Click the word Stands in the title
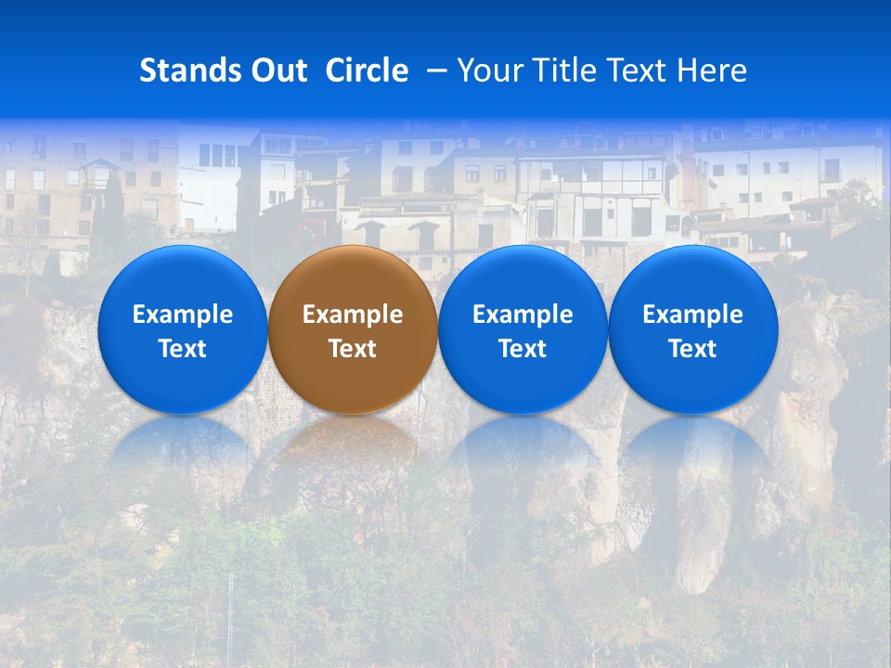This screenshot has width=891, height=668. point(180,71)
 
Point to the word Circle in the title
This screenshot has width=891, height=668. point(367,71)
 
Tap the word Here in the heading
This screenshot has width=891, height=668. point(711,71)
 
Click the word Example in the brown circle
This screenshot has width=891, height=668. point(353,315)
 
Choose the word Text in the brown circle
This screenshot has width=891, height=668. point(353,349)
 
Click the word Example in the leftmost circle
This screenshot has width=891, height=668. point(183,315)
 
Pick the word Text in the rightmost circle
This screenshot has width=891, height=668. point(692,349)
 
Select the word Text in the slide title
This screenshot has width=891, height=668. point(642,71)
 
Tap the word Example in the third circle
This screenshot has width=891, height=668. point(523,315)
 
